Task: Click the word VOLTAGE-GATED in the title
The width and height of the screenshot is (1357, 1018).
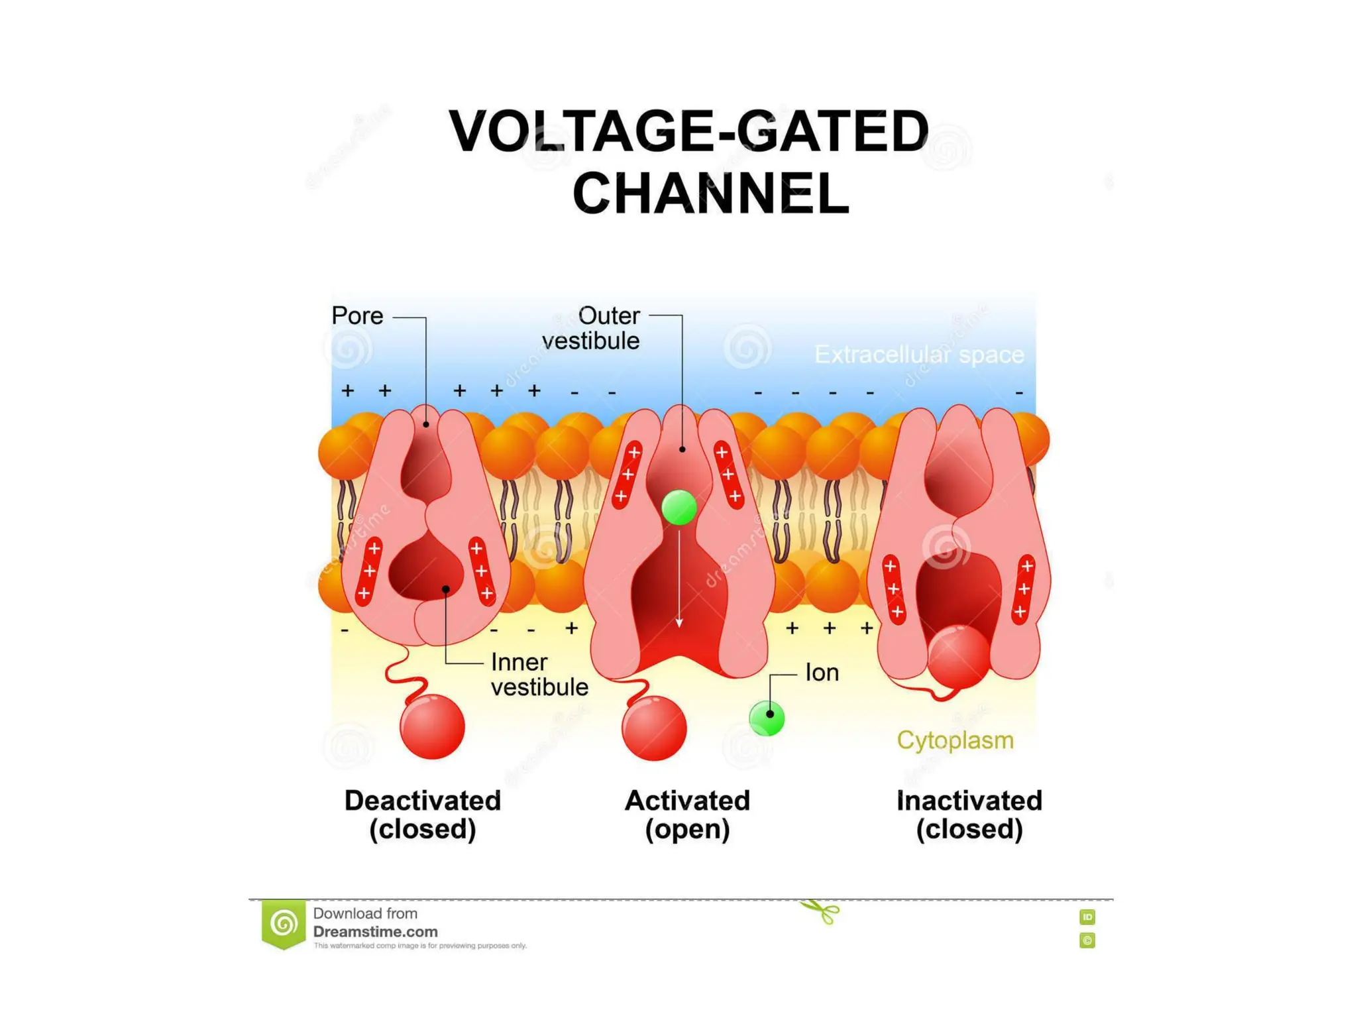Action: coord(689,131)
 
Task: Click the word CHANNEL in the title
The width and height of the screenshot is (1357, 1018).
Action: coord(710,193)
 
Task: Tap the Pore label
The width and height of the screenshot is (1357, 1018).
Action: coord(357,315)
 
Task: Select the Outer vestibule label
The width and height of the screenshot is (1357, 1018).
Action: coord(592,328)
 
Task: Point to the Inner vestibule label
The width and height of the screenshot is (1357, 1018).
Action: coord(539,675)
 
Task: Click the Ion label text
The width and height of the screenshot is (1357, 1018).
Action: coord(822,673)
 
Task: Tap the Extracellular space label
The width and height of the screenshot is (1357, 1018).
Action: coord(919,355)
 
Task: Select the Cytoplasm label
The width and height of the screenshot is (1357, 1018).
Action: coord(955,740)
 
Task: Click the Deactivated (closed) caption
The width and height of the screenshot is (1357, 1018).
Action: coord(423,815)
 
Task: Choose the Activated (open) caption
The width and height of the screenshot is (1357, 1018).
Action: coord(687,815)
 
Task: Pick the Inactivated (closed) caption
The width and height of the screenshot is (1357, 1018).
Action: coord(969,815)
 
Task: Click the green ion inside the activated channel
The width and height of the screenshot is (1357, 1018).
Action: coord(679,508)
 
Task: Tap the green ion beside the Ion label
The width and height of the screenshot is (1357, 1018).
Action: coord(767,717)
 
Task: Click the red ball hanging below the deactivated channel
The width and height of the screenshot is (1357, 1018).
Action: coord(433,726)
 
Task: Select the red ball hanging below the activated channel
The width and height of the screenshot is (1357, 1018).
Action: coord(654,728)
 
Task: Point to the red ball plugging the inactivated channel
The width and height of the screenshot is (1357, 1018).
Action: coord(958,656)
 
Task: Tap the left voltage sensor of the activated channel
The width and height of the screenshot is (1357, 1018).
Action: coord(627,475)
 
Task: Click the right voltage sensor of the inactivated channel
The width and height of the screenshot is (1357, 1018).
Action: coord(1024,589)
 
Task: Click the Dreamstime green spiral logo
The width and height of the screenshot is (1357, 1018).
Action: coord(284,923)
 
